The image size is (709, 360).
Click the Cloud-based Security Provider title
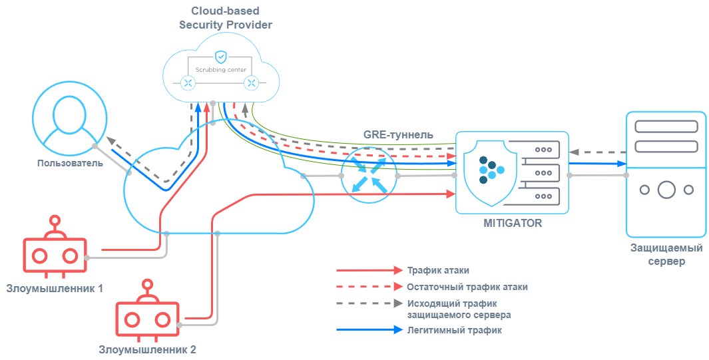pos(225,18)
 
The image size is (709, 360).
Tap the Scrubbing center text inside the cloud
pos(220,69)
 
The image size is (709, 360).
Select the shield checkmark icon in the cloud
pos(220,57)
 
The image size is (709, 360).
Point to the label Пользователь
pos(69,163)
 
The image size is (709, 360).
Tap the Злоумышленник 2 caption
pos(147,349)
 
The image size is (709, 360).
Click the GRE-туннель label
pos(398,135)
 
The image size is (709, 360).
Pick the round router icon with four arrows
pos(369,175)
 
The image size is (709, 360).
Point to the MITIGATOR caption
pos(513,223)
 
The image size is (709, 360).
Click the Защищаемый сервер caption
pos(666,255)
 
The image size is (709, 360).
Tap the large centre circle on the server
pos(666,190)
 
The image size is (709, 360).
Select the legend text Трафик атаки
pos(438,271)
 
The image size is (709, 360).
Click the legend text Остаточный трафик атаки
pos(467,287)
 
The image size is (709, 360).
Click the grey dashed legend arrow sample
pos(370,304)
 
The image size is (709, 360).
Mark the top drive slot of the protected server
pos(666,126)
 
